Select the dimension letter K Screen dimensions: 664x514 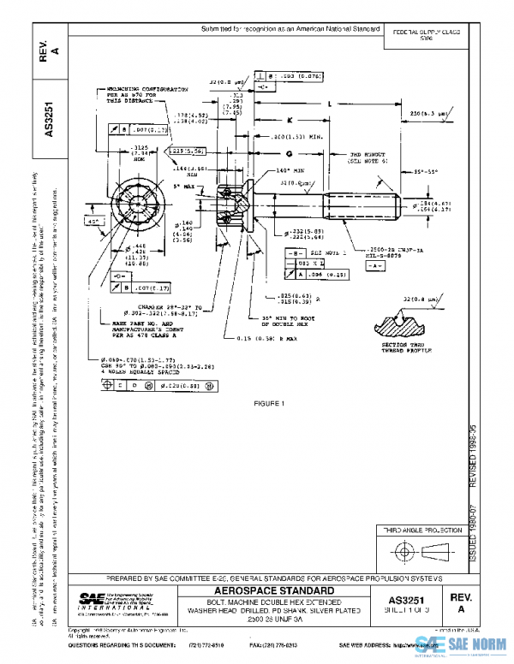(x=290, y=120)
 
